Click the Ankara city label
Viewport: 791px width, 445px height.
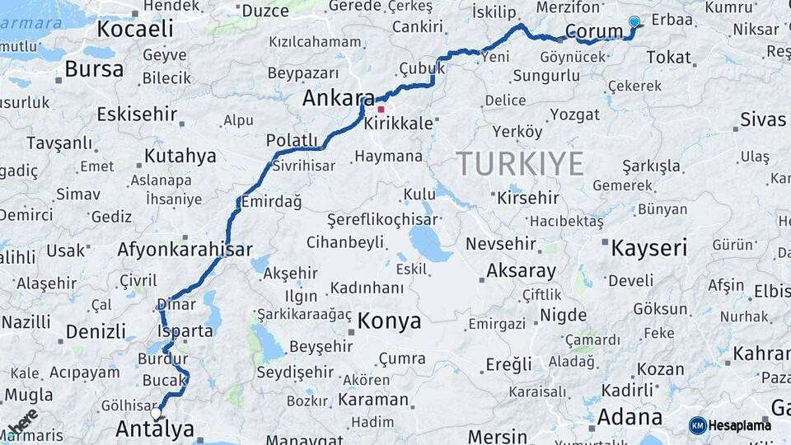338,99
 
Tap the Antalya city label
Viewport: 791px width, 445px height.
155,429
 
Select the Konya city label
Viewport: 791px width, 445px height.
389,321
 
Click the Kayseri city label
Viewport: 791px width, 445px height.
648,248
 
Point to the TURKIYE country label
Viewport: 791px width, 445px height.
520,163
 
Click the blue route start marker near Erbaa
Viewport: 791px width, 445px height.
634,21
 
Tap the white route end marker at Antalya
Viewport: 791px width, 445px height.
156,411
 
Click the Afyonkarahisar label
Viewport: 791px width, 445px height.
185,249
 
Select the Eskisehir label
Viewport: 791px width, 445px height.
137,114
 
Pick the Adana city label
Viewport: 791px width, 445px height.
630,417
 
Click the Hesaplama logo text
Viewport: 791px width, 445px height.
740,425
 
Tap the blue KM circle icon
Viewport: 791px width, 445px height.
697,425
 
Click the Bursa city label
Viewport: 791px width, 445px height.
94,69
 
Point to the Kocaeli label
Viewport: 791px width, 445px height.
135,30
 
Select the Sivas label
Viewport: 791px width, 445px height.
763,119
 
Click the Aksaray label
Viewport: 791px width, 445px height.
521,270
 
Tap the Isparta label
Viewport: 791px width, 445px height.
189,331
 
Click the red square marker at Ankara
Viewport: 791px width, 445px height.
381,109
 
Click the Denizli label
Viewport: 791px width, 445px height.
96,331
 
